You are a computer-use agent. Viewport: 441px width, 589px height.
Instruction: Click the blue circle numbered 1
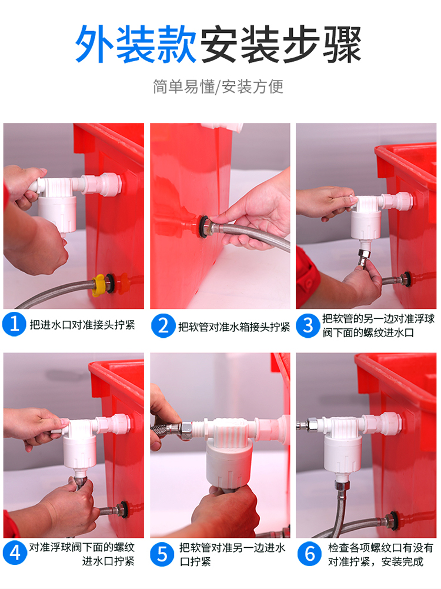point(14,324)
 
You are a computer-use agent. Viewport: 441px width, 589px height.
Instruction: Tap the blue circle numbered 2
point(163,325)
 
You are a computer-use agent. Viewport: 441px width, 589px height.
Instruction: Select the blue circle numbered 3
point(308,325)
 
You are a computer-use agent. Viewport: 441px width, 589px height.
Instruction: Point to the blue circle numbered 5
point(162,554)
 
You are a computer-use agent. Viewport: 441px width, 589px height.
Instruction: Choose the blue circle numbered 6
point(309,554)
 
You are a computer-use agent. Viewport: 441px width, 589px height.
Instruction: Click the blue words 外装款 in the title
point(135,44)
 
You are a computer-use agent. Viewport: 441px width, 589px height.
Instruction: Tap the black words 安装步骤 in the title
point(280,44)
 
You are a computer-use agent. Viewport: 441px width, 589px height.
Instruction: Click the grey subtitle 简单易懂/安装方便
point(218,86)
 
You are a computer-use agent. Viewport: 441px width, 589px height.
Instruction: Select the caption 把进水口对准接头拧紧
point(82,325)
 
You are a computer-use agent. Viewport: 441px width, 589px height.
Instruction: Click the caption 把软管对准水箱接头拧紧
point(234,327)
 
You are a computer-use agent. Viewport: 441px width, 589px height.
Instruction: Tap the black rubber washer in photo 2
point(205,227)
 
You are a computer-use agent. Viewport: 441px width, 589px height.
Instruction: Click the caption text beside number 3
point(378,325)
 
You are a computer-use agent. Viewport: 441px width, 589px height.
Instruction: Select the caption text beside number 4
point(82,554)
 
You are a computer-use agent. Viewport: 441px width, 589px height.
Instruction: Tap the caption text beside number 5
point(232,554)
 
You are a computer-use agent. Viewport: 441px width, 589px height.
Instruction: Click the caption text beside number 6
point(380,554)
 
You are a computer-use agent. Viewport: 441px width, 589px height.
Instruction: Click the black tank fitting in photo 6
point(394,521)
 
